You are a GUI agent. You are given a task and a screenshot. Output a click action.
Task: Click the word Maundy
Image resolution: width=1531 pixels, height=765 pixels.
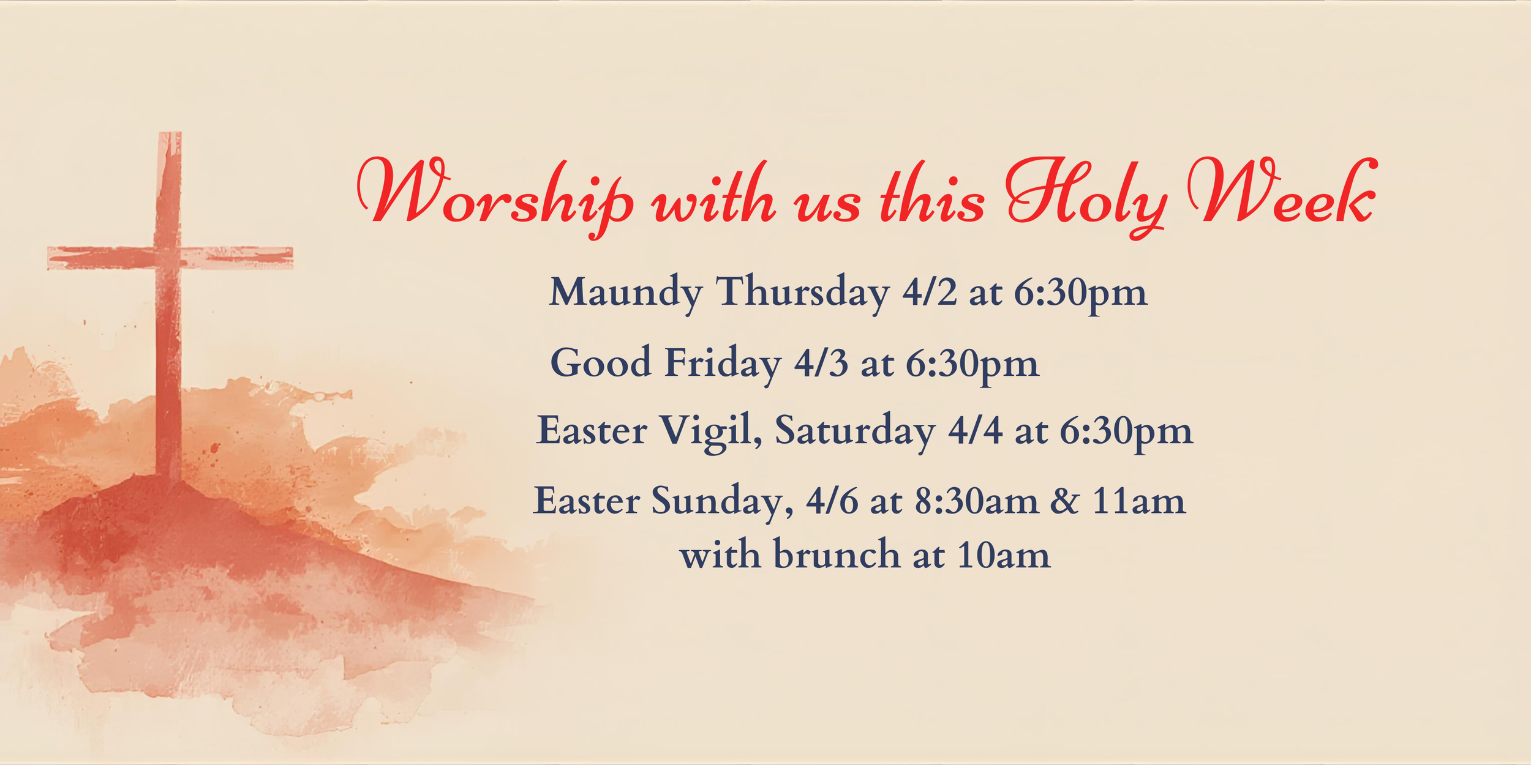pyautogui.click(x=625, y=293)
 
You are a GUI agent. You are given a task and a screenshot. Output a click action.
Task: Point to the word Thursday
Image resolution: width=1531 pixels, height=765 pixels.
pyautogui.click(x=802, y=293)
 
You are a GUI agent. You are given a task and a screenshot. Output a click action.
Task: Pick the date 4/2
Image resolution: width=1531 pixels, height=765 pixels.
pyautogui.click(x=929, y=293)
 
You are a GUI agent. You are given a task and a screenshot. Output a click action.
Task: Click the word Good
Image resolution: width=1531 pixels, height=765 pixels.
pyautogui.click(x=600, y=363)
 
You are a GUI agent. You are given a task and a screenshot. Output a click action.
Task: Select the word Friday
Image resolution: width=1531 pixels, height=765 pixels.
pyautogui.click(x=723, y=363)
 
